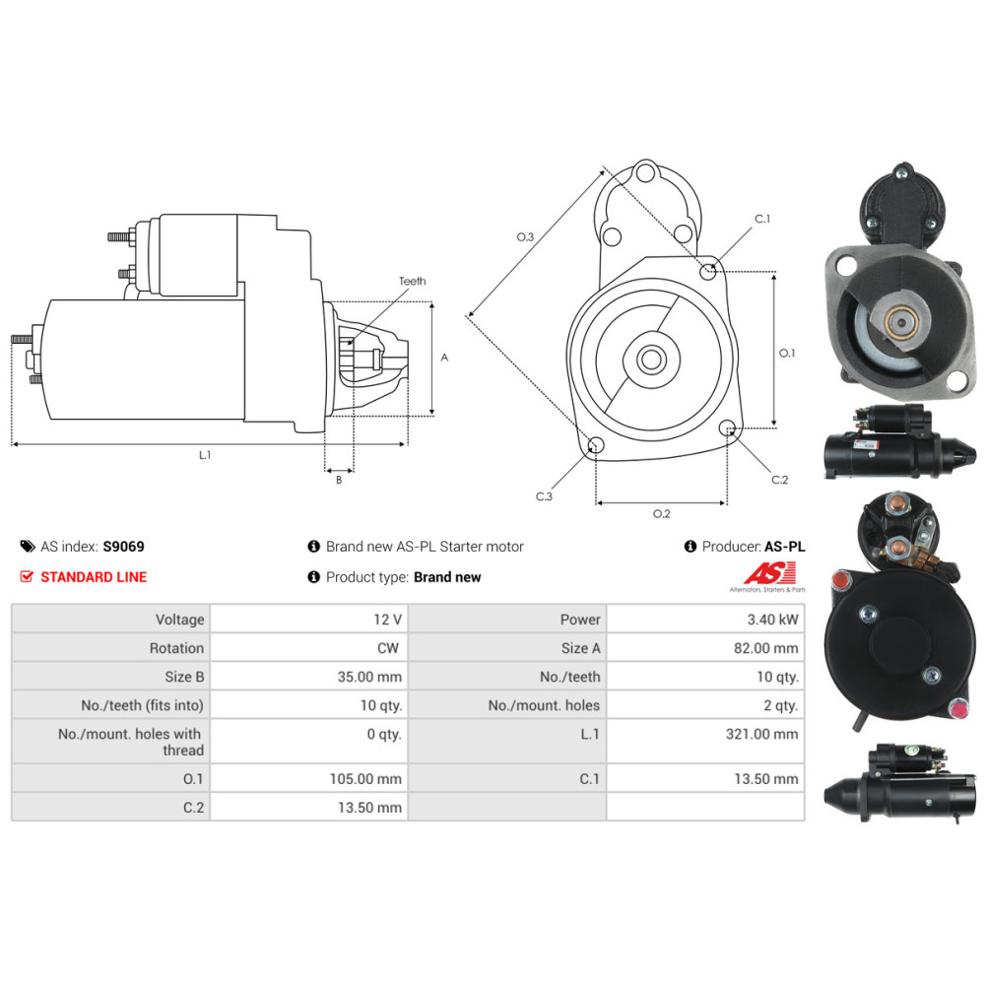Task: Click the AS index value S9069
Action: pos(124,547)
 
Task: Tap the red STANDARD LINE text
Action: pos(94,576)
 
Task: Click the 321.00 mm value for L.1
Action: pos(762,734)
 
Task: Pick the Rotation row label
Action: pos(176,648)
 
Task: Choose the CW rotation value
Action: pos(388,648)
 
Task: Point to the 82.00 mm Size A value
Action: pos(765,648)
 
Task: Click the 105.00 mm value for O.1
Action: pos(365,779)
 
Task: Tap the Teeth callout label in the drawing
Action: pos(412,281)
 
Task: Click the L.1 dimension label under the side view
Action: pos(205,455)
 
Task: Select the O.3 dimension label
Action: pos(525,236)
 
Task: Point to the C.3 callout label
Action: pos(544,496)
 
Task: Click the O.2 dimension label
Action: pos(662,514)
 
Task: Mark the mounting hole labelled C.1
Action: pos(708,272)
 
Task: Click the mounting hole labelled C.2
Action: pos(726,428)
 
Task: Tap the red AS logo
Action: pos(769,573)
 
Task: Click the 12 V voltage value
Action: pos(387,620)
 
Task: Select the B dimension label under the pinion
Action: pos(339,480)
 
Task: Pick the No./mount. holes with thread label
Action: pos(129,742)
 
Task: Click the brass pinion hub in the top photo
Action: pos(902,322)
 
